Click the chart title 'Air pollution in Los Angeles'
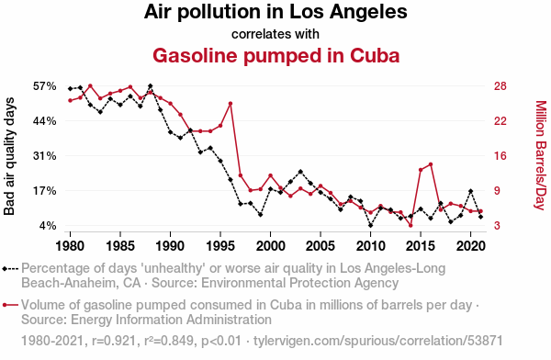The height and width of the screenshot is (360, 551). point(275,12)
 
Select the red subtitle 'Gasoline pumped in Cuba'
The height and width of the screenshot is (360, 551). point(275,56)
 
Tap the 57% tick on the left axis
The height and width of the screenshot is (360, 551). point(45,86)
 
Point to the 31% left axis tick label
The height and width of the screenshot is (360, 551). point(45,156)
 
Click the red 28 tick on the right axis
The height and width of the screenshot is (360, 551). point(500,86)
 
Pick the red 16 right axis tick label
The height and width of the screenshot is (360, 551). point(500,156)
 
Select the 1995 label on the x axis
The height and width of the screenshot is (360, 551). point(220,246)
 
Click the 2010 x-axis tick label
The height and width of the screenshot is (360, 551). point(371,246)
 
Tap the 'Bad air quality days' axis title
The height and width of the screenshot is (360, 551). point(9,156)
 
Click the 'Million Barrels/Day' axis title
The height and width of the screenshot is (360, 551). point(541,155)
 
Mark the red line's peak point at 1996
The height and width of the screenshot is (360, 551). point(231,104)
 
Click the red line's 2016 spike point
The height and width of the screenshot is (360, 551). point(431,164)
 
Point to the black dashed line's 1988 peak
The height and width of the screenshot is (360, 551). point(151,86)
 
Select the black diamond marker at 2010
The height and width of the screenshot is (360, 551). point(371,225)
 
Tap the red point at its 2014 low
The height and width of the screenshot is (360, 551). point(410,225)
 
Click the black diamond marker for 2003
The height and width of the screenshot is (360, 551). point(300,172)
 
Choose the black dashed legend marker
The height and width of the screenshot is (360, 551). point(10,269)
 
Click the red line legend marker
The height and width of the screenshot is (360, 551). point(10,305)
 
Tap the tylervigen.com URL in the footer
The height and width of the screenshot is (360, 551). point(378,341)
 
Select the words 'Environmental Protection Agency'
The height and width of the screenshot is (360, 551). point(299,283)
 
